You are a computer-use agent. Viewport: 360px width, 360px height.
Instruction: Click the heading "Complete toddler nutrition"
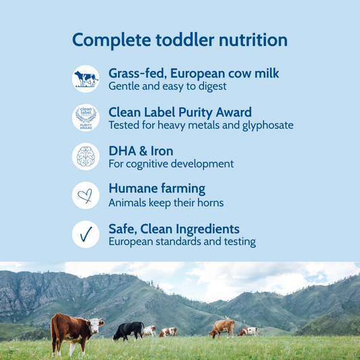[180, 39]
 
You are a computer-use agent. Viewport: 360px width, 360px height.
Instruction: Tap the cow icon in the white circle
[86, 78]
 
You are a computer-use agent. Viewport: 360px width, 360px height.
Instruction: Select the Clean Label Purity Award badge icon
[86, 118]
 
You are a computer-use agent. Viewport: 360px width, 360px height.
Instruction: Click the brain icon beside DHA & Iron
[86, 157]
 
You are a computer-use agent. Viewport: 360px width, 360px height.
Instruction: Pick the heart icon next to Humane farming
[86, 196]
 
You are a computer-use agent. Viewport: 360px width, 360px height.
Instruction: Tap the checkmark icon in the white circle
[86, 234]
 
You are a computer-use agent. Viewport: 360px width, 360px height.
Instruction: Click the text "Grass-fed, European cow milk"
[194, 73]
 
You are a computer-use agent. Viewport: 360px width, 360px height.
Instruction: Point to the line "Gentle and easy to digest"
[168, 86]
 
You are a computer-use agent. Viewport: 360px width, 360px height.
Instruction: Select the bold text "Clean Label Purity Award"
[180, 112]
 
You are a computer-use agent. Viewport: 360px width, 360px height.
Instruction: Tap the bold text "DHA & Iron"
[140, 151]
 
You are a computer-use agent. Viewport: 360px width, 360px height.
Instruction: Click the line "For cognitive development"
[171, 163]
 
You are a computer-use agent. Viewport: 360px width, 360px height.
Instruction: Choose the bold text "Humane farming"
[157, 189]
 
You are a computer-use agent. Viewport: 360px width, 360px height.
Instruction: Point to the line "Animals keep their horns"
[166, 203]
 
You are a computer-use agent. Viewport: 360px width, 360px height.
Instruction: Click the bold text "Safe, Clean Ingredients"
[174, 228]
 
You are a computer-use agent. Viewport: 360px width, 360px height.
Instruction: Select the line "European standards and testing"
[182, 242]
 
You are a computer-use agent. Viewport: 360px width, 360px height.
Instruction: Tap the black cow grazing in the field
[128, 330]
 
